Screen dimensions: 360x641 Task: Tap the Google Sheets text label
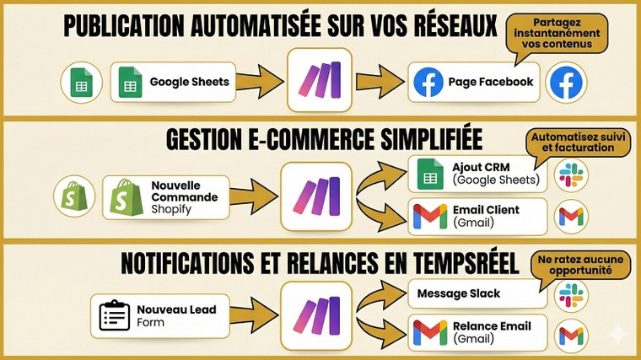(x=190, y=82)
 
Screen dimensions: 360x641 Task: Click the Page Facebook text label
(x=490, y=82)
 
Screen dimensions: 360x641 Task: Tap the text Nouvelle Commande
(x=183, y=191)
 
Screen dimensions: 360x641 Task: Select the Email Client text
(x=485, y=210)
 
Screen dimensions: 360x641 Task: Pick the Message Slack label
(x=464, y=293)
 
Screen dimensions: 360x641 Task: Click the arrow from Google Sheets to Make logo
(x=255, y=82)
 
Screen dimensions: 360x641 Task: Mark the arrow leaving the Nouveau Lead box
(x=249, y=316)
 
